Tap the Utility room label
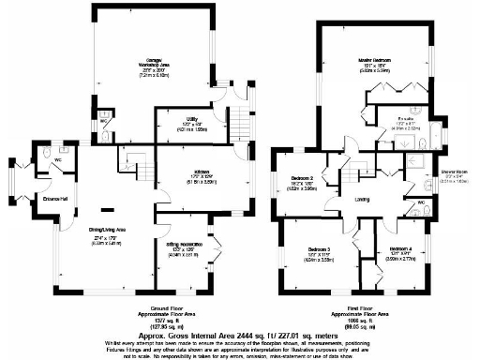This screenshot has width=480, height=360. coord(190,119)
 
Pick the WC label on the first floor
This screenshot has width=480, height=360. coord(421,202)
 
